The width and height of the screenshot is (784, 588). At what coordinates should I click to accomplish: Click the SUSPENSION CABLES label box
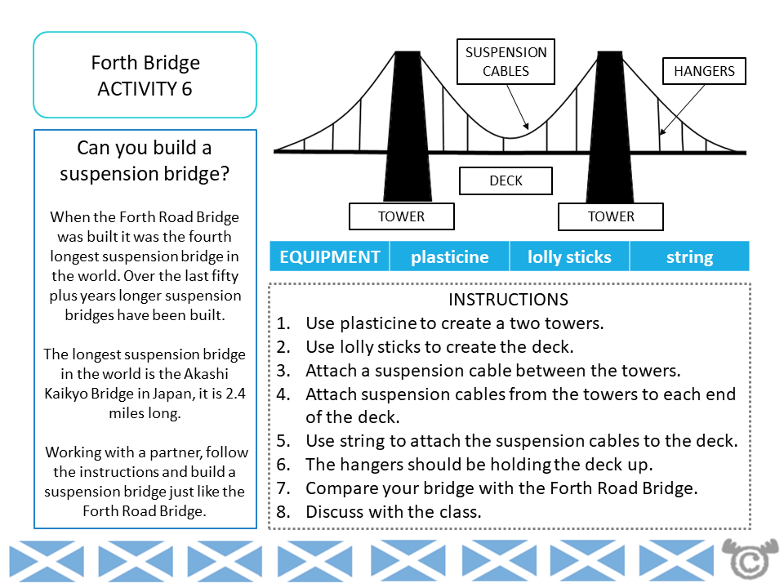(x=506, y=61)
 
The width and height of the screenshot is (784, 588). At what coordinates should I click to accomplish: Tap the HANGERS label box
(x=703, y=71)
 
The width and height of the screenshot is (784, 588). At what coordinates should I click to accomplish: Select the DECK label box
(x=506, y=180)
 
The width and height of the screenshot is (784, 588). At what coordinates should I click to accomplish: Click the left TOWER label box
(x=401, y=216)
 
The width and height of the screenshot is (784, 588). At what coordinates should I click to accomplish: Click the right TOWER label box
(x=610, y=216)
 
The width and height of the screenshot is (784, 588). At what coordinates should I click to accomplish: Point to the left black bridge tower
(x=406, y=122)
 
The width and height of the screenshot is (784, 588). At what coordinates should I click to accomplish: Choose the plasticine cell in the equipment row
(x=449, y=256)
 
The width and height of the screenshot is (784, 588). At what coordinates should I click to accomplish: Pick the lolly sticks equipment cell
(x=569, y=256)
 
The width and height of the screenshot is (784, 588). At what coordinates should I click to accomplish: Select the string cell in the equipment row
(x=689, y=256)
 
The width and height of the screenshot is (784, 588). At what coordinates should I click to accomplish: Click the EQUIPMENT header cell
(x=330, y=256)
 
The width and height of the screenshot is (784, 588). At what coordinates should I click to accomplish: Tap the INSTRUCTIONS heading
(x=509, y=300)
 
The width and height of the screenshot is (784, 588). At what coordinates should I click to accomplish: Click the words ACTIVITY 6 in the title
(x=145, y=89)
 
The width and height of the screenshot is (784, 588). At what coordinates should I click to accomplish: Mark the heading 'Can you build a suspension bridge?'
(x=145, y=160)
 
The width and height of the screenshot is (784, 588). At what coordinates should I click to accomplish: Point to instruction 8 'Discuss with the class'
(x=393, y=512)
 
